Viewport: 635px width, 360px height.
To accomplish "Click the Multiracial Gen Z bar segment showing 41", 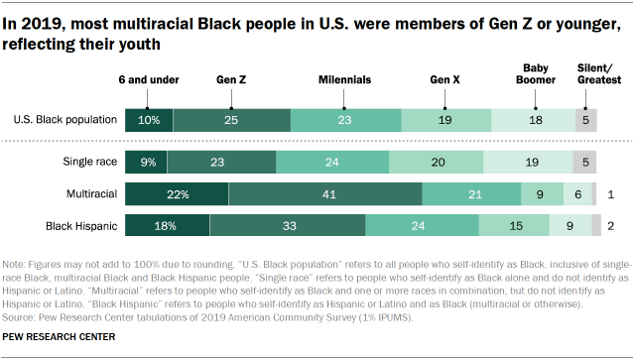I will pyautogui.click(x=325, y=194).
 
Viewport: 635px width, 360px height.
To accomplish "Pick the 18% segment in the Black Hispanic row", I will pyautogui.click(x=167, y=227).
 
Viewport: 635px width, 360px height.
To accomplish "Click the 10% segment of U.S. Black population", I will pyautogui.click(x=148, y=121).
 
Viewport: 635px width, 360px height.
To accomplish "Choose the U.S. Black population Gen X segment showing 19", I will pyautogui.click(x=444, y=121).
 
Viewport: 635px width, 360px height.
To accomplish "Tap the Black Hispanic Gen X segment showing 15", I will pyautogui.click(x=515, y=227).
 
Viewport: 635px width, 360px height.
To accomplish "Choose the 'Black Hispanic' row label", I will pyautogui.click(x=82, y=227).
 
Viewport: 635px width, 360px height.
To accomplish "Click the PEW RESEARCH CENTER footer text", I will pyautogui.click(x=59, y=338).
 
